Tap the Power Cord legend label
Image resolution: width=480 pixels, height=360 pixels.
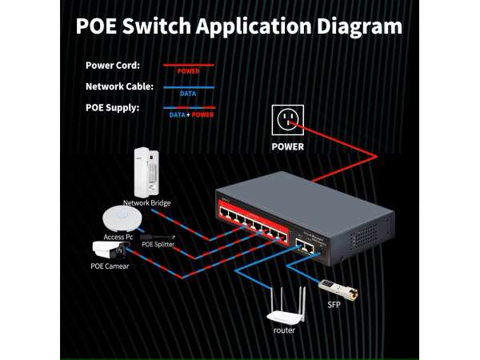click(113, 66)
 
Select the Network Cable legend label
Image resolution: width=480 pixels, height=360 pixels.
click(119, 86)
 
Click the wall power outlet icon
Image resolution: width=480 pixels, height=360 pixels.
click(288, 120)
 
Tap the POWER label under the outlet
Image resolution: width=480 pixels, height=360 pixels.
click(288, 147)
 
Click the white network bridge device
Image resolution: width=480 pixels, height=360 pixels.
click(145, 171)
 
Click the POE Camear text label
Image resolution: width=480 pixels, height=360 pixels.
click(110, 266)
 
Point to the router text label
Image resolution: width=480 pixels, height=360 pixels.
click(284, 330)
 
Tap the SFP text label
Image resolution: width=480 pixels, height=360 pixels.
click(334, 305)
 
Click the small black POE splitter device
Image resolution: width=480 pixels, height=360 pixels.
click(158, 236)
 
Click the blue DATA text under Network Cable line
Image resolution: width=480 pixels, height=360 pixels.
click(189, 93)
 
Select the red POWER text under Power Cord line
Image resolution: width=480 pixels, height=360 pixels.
click(189, 71)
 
